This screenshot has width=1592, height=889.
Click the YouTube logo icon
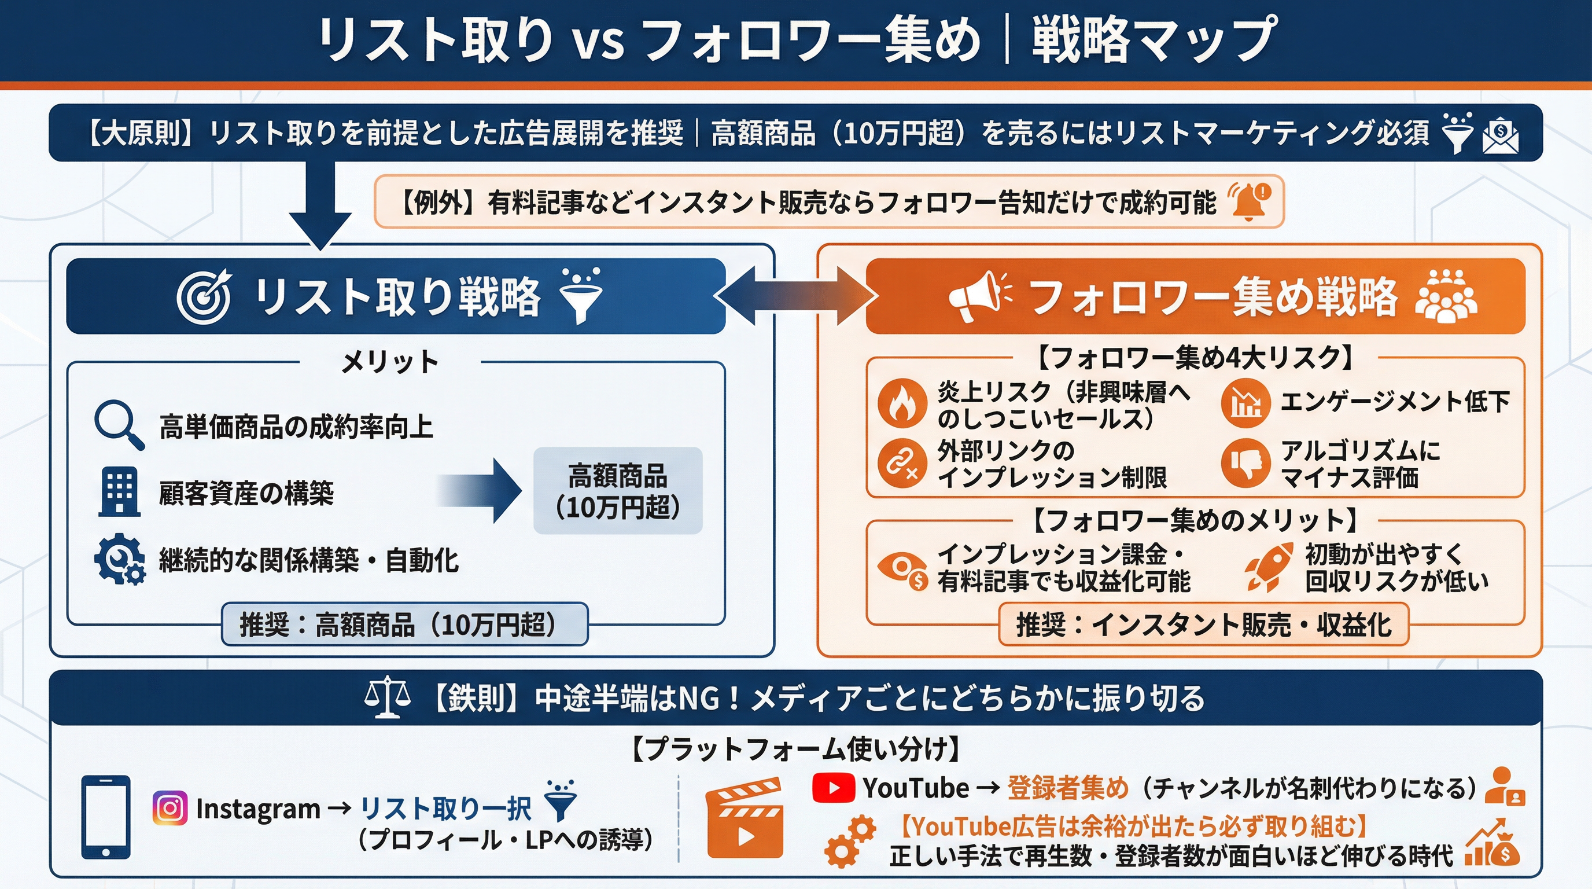point(833,788)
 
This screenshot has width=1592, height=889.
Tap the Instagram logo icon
point(170,808)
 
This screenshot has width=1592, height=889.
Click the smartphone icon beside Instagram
point(106,817)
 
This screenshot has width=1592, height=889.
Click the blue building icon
point(119,492)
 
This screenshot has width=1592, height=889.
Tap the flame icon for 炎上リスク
point(902,403)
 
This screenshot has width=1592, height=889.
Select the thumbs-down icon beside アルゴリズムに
point(1245,462)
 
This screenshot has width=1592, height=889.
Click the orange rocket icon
point(1269,566)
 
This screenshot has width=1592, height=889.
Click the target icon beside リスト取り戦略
point(204,296)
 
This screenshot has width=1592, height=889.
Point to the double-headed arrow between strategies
point(795,296)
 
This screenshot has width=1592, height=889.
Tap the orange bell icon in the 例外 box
point(1250,201)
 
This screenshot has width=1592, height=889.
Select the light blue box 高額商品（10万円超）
point(617,491)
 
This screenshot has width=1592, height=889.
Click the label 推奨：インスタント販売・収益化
point(1203,624)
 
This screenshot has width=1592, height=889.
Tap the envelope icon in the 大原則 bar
point(1500,136)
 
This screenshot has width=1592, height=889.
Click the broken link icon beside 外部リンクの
point(902,463)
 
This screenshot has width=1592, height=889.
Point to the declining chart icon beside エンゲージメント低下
point(1245,403)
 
